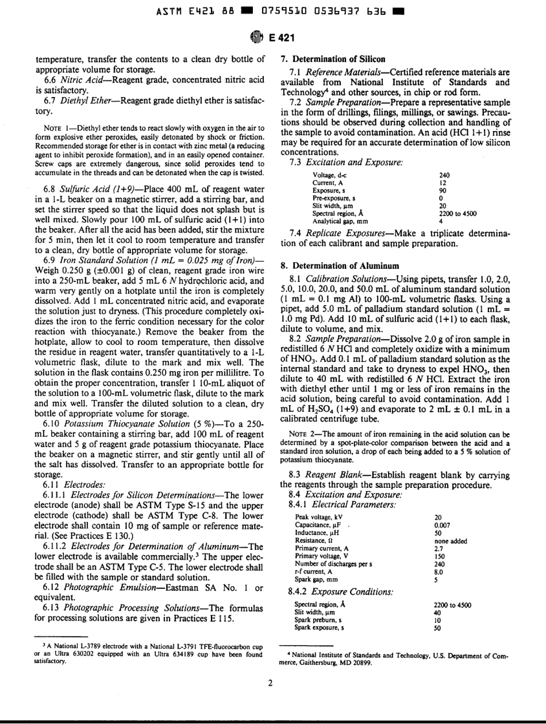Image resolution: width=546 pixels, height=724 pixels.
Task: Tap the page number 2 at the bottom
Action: coord(270,683)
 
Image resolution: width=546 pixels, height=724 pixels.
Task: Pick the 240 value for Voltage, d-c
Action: coord(444,175)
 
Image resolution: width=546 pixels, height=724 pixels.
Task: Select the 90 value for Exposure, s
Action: coord(443,190)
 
